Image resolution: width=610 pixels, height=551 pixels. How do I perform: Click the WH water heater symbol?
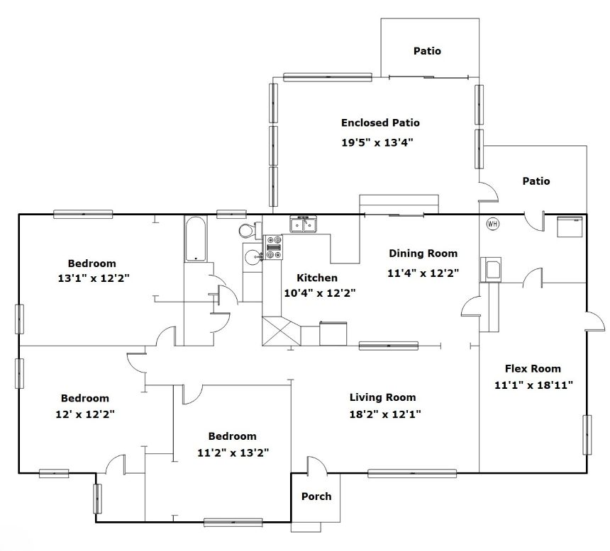492,224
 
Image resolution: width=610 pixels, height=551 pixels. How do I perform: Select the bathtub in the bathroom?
196,238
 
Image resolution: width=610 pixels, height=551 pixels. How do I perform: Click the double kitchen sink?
304,225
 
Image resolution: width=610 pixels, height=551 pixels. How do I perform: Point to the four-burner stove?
274,247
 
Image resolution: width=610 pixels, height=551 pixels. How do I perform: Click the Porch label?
316,496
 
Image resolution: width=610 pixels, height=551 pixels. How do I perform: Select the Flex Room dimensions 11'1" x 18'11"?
533,385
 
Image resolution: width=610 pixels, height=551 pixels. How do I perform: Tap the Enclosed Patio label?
380,123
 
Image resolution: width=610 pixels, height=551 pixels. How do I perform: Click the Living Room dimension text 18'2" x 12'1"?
385,414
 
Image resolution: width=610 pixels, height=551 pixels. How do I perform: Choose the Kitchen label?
317,278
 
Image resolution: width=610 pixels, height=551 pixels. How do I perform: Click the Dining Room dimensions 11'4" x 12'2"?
423,273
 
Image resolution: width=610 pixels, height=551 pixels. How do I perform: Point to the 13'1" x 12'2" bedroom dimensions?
94,278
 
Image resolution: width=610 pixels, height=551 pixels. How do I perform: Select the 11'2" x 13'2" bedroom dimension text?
233,453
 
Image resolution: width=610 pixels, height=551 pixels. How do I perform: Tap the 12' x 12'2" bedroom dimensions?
85,414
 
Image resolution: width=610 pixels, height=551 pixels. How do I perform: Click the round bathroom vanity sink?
252,256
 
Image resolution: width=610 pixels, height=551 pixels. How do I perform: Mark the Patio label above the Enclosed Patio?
427,51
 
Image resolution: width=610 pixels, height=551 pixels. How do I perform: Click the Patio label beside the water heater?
536,181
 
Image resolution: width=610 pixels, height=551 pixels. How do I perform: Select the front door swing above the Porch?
316,465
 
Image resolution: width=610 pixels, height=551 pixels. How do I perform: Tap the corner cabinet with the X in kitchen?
282,331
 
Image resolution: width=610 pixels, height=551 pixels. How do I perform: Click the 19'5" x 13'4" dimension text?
377,142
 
